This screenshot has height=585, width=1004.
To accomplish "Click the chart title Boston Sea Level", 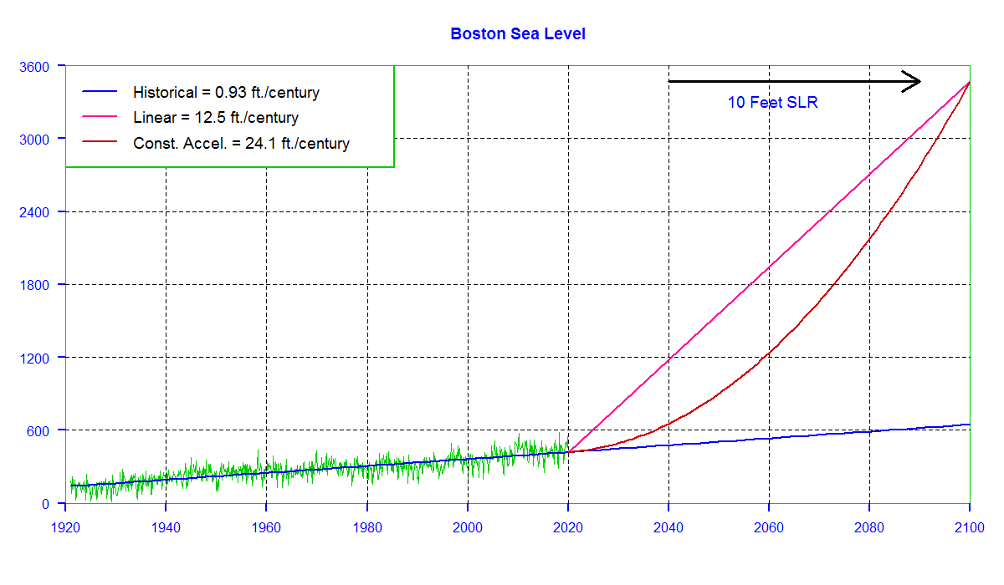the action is pos(518,34).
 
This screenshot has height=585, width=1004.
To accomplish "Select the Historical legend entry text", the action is pos(226,93).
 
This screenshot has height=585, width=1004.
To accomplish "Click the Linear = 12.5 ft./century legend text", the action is pos(216,118).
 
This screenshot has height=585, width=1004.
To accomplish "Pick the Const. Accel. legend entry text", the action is pos(241,143).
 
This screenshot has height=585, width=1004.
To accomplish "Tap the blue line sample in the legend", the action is pos(100,91).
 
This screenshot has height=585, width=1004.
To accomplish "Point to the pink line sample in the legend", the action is pos(100,116).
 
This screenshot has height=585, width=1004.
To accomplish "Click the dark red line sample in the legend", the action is pos(100,141).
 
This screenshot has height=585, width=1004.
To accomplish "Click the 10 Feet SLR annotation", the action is pos(772,103).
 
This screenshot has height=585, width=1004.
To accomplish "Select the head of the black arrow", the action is pos(919,81).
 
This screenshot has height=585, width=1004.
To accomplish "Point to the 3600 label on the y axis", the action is pos(34,67).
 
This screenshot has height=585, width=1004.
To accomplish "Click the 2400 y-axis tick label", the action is pos(34,212).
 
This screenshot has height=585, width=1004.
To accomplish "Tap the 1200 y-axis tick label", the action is pos(34,358).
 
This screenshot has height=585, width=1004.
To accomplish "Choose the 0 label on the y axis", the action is pos(45,504).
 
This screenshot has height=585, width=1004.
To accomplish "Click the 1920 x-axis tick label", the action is pos(65,527).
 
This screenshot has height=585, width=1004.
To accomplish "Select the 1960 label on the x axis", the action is pos(266,527).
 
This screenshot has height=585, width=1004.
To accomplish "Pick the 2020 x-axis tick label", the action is pos(568,527).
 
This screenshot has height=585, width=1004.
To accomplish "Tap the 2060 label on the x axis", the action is pos(769,527).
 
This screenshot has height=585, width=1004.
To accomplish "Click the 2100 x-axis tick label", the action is pos(970,527).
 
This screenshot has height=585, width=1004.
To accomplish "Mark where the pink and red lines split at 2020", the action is pos(568,452).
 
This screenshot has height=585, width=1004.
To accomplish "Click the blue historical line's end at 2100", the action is pos(970,425).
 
